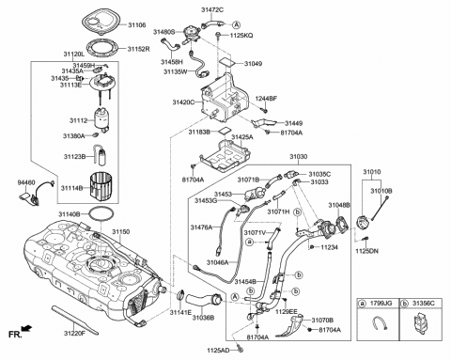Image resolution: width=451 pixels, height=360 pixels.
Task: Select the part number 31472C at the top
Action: [213, 8]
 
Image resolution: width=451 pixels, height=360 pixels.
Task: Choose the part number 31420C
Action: [183, 102]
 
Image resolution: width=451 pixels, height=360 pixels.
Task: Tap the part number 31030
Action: [299, 156]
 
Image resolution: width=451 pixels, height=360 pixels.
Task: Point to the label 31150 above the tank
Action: [122, 230]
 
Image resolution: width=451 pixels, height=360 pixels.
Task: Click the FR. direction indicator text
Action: [14, 334]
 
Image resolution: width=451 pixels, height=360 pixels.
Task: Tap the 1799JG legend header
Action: [382, 304]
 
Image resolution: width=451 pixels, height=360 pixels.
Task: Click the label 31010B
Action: [381, 191]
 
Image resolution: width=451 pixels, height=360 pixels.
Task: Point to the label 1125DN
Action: [367, 251]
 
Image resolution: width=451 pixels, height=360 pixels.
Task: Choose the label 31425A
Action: [242, 137]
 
